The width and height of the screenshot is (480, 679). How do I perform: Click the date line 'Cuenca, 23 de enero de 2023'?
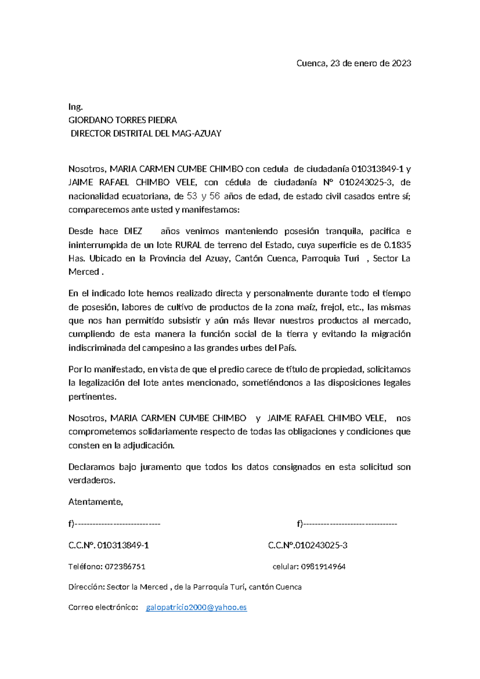click(x=354, y=63)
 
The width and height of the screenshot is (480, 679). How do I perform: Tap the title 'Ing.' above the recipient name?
click(x=76, y=107)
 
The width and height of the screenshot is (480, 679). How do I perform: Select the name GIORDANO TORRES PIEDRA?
click(x=123, y=120)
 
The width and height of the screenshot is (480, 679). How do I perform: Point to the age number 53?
click(x=192, y=196)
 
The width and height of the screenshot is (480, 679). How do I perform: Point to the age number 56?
click(x=215, y=196)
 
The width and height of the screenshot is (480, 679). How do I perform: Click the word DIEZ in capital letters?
click(x=133, y=231)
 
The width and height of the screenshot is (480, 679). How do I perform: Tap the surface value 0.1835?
click(x=397, y=245)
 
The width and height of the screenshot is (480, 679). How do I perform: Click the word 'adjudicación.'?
click(x=149, y=445)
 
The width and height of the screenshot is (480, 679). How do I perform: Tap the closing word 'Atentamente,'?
click(x=96, y=502)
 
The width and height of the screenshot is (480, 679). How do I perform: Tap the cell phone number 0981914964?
click(x=323, y=567)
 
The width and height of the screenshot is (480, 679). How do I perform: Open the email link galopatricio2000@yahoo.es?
click(x=196, y=608)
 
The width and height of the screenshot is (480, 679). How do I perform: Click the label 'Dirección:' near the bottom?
click(x=86, y=587)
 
